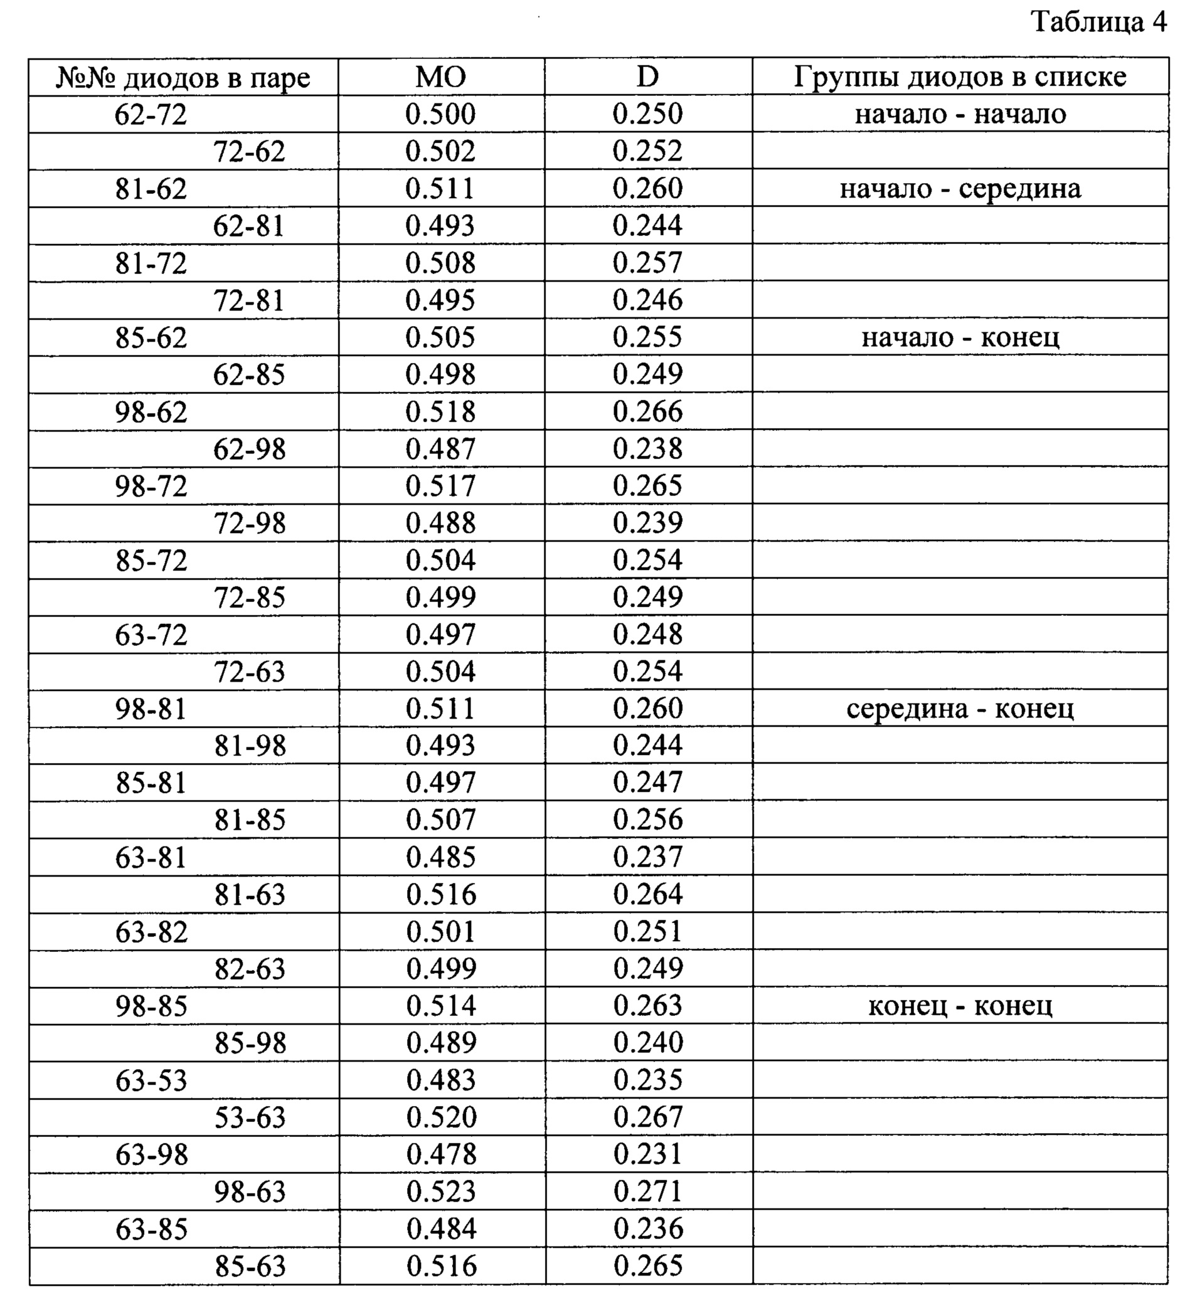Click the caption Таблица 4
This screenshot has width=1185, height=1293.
pyautogui.click(x=1098, y=23)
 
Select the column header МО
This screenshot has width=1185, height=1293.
pyautogui.click(x=441, y=78)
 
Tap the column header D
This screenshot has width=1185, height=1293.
pyautogui.click(x=647, y=78)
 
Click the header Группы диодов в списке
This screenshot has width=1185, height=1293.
pyautogui.click(x=960, y=78)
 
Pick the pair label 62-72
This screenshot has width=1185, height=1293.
pyautogui.click(x=151, y=115)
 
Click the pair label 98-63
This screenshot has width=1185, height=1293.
pyautogui.click(x=250, y=1192)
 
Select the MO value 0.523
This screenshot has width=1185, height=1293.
pyautogui.click(x=442, y=1192)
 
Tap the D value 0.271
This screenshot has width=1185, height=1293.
pyautogui.click(x=648, y=1191)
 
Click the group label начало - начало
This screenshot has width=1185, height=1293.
pyautogui.click(x=960, y=115)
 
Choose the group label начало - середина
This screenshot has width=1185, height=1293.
pyautogui.click(x=960, y=189)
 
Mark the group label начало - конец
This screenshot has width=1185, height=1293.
pyautogui.click(x=960, y=338)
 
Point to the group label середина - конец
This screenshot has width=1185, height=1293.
pyautogui.click(x=960, y=709)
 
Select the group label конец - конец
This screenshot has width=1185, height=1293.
pyautogui.click(x=960, y=1006)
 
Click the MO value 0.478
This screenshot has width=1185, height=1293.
pyautogui.click(x=442, y=1155)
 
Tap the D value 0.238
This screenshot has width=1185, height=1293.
pyautogui.click(x=647, y=449)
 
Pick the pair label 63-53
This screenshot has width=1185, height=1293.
pyautogui.click(x=151, y=1080)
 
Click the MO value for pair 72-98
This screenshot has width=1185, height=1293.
pyautogui.click(x=441, y=524)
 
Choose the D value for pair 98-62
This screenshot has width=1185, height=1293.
pyautogui.click(x=647, y=412)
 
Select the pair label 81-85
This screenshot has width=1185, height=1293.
pyautogui.click(x=250, y=820)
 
